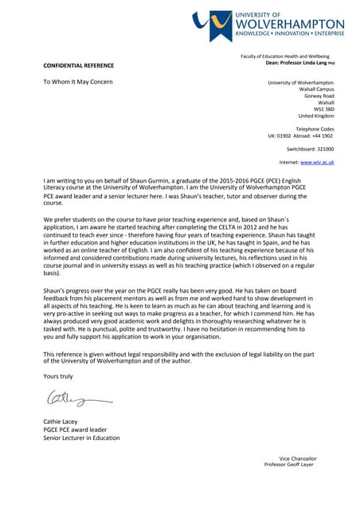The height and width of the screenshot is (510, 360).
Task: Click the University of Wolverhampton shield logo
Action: click(x=212, y=25)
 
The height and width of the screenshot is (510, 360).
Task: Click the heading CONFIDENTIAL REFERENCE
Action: click(x=78, y=65)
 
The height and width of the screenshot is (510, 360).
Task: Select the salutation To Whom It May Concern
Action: click(x=78, y=82)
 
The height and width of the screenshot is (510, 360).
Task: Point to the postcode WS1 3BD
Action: click(x=324, y=109)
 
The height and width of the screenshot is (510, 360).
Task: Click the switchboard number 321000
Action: click(x=322, y=149)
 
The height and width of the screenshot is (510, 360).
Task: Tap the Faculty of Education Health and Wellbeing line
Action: click(x=284, y=57)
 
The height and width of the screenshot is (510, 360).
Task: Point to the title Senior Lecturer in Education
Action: click(x=81, y=437)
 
